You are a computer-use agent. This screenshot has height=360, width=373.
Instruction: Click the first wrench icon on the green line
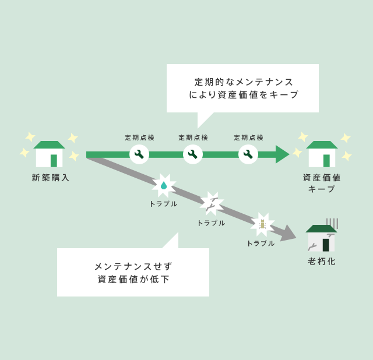coord(139,154)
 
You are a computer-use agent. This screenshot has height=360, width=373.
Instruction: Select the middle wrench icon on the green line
coord(193,154)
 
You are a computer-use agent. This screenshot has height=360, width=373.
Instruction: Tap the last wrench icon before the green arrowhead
coord(248,154)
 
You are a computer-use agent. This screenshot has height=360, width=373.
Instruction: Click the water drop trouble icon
coord(164,185)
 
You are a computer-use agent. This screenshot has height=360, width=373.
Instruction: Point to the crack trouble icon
coord(212,203)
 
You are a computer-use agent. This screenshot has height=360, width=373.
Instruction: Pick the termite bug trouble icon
coord(262,224)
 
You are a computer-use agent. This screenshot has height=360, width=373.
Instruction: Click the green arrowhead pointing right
coord(282,154)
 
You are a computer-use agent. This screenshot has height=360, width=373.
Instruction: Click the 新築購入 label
coord(51,178)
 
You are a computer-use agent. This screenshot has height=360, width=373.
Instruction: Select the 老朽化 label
coord(322,262)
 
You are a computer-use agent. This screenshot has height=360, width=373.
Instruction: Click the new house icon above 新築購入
coord(50,154)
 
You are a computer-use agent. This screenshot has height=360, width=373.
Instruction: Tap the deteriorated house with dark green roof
coord(321,238)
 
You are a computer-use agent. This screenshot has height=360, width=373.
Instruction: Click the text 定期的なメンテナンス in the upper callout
coord(244,82)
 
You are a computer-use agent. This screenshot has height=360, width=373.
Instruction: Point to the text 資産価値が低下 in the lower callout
coord(134,279)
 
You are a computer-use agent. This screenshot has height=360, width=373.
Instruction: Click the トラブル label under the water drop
coord(164,204)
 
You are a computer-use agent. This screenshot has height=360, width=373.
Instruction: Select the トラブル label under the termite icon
coord(261,243)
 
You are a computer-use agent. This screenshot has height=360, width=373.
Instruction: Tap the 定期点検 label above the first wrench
coord(140,137)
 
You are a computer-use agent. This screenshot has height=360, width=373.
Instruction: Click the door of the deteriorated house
coord(326,244)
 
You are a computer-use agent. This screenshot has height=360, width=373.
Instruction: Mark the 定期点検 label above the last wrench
coord(249,137)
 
